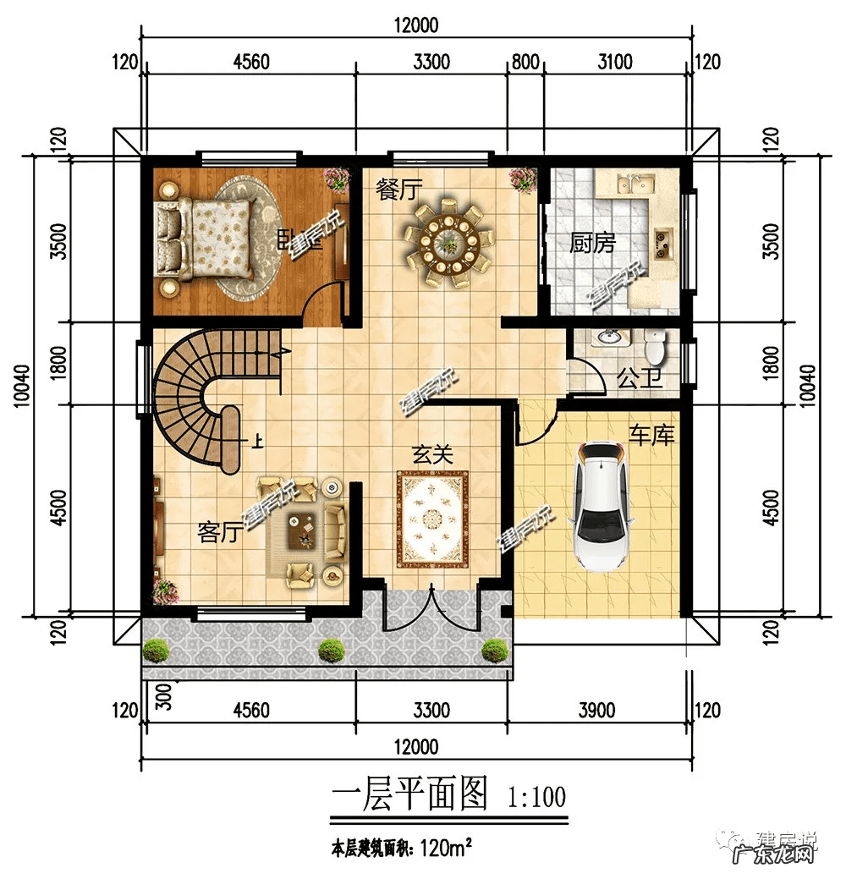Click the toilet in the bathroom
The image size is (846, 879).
coord(654,346)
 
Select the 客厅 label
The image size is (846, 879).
coord(219,532)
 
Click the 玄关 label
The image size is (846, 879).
coord(432,454)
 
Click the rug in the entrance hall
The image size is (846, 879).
coord(433,518)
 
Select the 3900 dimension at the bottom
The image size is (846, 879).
coord(596,710)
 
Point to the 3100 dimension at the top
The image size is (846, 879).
coord(615,62)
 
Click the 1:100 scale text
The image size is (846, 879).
coord(536,797)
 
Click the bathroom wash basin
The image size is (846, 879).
coord(609,338)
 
